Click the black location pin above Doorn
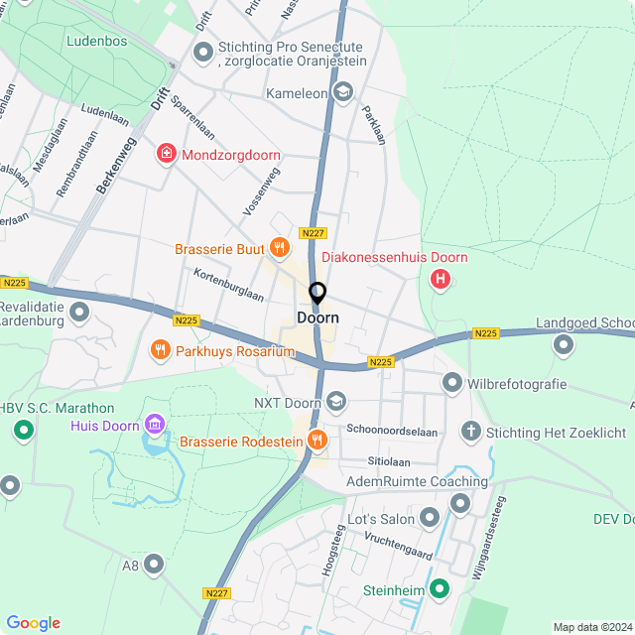coord(317,294)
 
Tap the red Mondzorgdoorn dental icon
coord(166,155)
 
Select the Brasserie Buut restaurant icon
coord(280,248)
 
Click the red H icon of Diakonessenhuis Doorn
coord(440,280)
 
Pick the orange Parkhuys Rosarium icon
coord(159,350)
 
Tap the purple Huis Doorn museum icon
coord(154,426)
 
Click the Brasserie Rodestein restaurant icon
coord(317,440)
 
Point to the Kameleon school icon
coord(343,93)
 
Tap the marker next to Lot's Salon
coord(430,518)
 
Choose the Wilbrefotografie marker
coord(452,382)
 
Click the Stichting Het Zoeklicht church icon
coord(471,432)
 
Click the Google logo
coord(33,623)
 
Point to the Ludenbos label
coord(97,42)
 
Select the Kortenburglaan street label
coord(228,285)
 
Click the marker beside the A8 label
coord(154,565)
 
